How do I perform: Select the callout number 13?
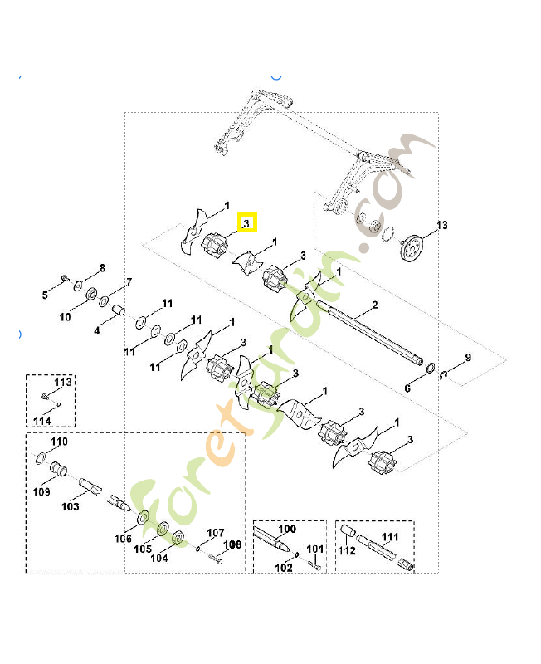[x=441, y=225]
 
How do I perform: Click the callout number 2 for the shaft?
[x=374, y=305]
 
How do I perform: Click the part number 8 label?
[x=103, y=267]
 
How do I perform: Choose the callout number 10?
[x=65, y=317]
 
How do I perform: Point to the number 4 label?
[x=97, y=331]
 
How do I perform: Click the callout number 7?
[x=129, y=282]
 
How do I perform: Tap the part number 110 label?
[x=60, y=441]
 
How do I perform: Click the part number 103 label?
[x=71, y=505]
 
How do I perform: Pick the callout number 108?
[x=232, y=544]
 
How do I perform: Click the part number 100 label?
[x=287, y=529]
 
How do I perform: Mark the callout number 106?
[x=124, y=539]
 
